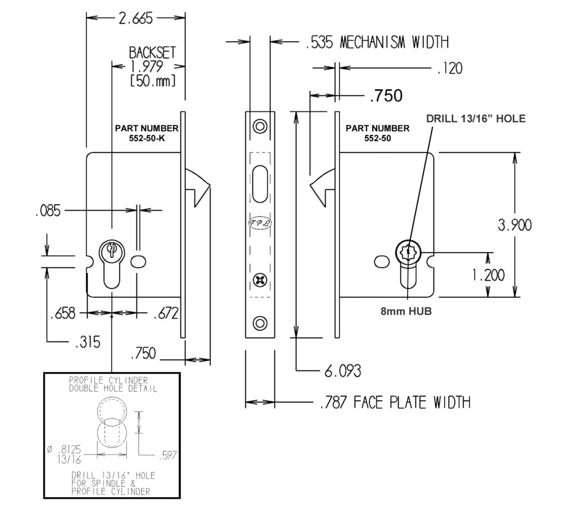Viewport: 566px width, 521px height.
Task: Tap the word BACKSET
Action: tap(152, 53)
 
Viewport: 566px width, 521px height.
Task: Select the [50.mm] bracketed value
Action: tap(152, 81)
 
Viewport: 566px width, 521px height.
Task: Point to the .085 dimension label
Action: tap(48, 211)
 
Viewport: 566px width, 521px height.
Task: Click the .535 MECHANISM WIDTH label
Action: tap(377, 42)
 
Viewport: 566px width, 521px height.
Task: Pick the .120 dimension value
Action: tap(450, 68)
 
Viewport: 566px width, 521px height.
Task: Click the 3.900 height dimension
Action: tap(515, 225)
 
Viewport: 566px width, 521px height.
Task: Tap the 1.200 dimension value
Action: tap(488, 275)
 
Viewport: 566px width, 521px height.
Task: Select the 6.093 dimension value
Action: tap(342, 371)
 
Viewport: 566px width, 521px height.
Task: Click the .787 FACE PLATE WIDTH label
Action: tap(395, 402)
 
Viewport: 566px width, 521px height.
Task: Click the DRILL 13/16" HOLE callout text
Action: tap(476, 118)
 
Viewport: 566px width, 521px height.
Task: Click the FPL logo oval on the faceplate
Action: tap(260, 223)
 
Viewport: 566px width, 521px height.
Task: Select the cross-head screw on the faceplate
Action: tap(260, 281)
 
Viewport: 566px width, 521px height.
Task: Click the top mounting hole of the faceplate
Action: tap(260, 126)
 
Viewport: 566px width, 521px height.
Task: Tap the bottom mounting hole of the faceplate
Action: tap(260, 323)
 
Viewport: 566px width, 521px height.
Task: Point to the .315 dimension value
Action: tap(88, 342)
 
